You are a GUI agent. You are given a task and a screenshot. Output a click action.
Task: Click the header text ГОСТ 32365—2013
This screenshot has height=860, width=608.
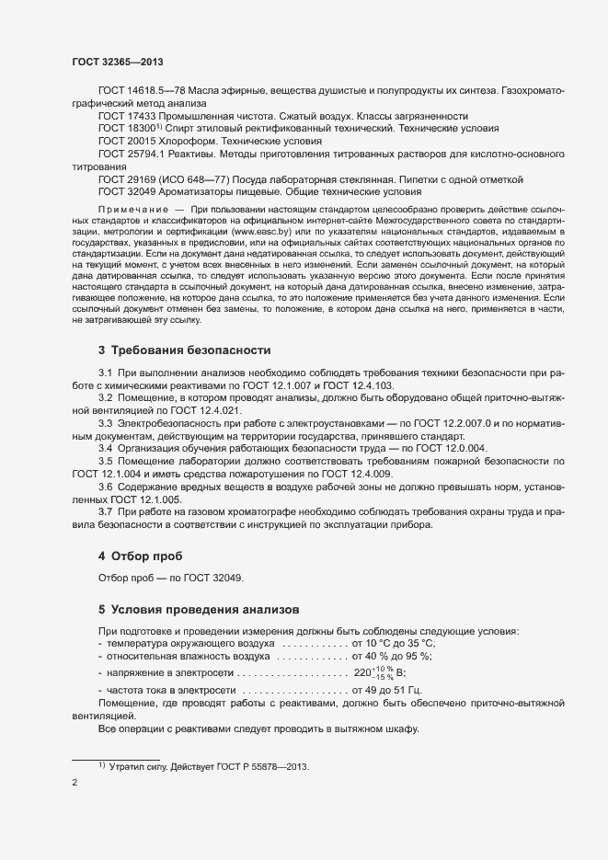(x=118, y=62)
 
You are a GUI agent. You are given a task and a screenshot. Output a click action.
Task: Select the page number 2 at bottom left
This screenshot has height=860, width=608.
(x=75, y=783)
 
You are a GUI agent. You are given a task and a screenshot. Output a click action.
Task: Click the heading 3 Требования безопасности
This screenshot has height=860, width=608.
(x=184, y=350)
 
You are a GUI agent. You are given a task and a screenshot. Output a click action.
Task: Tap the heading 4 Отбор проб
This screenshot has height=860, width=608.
(x=140, y=556)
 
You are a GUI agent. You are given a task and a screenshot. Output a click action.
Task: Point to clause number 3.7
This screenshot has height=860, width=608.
(x=105, y=510)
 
